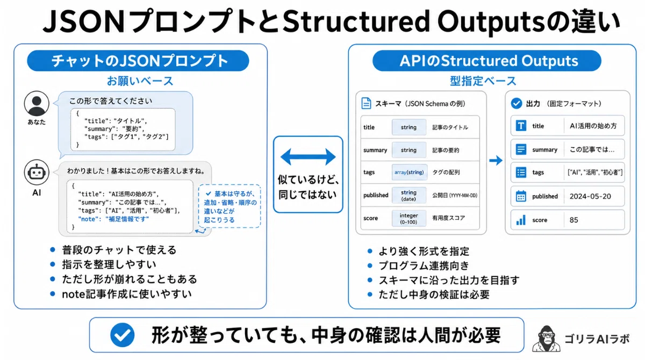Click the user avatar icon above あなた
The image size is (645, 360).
coord(37,104)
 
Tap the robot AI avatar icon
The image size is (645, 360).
coord(37,172)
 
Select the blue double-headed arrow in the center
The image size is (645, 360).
coord(308,157)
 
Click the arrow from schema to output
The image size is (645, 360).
coord(496,160)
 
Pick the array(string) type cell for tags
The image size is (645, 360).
coord(409,172)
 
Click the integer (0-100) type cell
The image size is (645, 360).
coord(408,218)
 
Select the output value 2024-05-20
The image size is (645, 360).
coord(590,196)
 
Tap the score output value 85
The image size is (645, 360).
coord(574,220)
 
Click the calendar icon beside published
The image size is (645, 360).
coord(521,196)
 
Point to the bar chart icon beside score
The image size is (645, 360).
coord(521,220)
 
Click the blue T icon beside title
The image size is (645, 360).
coord(521,126)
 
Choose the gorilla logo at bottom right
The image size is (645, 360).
coord(546,339)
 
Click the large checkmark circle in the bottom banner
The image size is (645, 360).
coord(123,335)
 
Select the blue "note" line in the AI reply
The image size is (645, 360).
coord(113,219)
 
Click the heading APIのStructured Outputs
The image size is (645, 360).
coord(489,61)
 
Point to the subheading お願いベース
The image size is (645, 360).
coord(140,81)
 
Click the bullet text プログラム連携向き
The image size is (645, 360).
coord(424,265)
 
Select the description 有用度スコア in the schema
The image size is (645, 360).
coord(448,218)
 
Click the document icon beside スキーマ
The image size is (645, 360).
coord(366,103)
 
